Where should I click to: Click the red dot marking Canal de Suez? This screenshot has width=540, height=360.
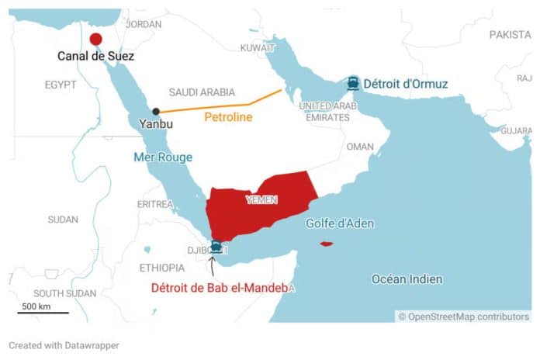point(95,40)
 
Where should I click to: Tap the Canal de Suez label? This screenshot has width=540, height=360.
point(95,57)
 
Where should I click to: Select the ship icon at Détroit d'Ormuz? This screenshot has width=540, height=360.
point(353,83)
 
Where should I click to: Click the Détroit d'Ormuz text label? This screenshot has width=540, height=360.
point(407,83)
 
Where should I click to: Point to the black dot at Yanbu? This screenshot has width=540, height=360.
point(156,112)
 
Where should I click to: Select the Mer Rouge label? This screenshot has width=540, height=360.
point(163,157)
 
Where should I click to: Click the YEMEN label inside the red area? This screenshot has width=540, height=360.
point(261,200)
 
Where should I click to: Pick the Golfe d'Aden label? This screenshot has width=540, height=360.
point(340,223)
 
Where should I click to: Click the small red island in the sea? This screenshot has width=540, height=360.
point(327,244)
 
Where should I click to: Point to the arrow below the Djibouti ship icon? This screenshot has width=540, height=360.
point(212,266)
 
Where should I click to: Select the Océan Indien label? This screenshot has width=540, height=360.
point(407,279)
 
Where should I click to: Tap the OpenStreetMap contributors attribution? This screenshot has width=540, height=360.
point(464,317)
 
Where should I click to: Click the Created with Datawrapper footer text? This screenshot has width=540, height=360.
point(64,344)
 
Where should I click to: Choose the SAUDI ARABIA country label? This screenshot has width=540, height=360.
point(202,92)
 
